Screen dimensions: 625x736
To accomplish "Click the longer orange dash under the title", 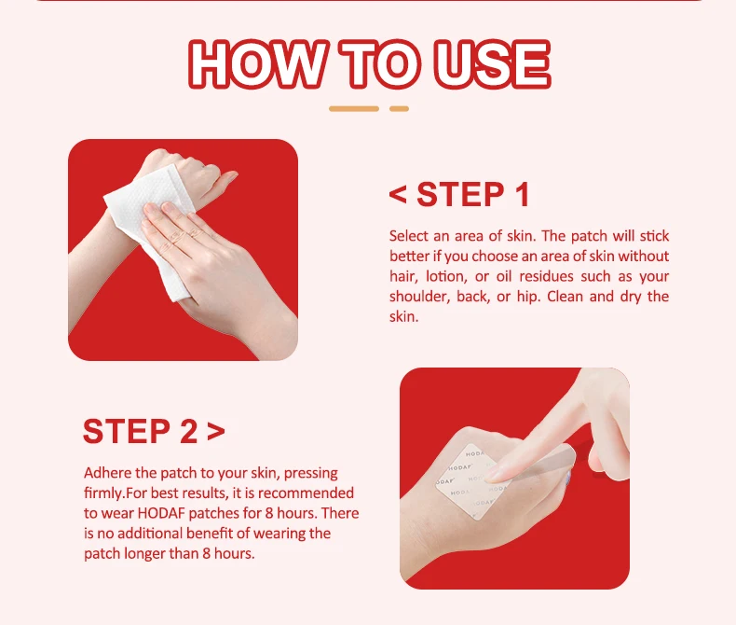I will (354, 108).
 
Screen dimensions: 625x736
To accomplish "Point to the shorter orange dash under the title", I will (399, 108).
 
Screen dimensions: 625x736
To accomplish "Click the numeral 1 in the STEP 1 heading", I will (520, 195).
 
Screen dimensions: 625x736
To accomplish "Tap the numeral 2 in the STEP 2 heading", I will (186, 432).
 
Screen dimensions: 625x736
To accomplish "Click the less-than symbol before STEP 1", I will (399, 195).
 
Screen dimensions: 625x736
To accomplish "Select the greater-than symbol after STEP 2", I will (216, 432).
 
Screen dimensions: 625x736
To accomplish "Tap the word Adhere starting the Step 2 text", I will (107, 473).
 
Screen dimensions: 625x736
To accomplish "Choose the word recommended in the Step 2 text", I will (308, 493).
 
